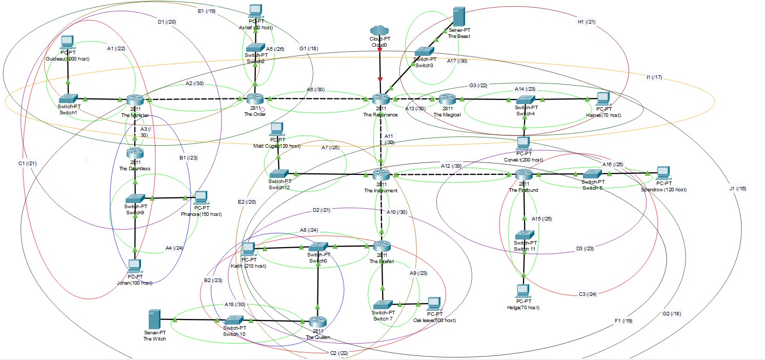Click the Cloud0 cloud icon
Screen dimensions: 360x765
click(380, 30)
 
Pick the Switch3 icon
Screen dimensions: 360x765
click(424, 51)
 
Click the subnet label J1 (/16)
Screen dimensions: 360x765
click(737, 189)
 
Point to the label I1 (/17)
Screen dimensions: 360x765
click(655, 77)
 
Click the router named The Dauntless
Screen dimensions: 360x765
click(135, 152)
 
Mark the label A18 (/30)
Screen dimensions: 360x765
click(235, 305)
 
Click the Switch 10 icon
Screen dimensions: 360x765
click(235, 321)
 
